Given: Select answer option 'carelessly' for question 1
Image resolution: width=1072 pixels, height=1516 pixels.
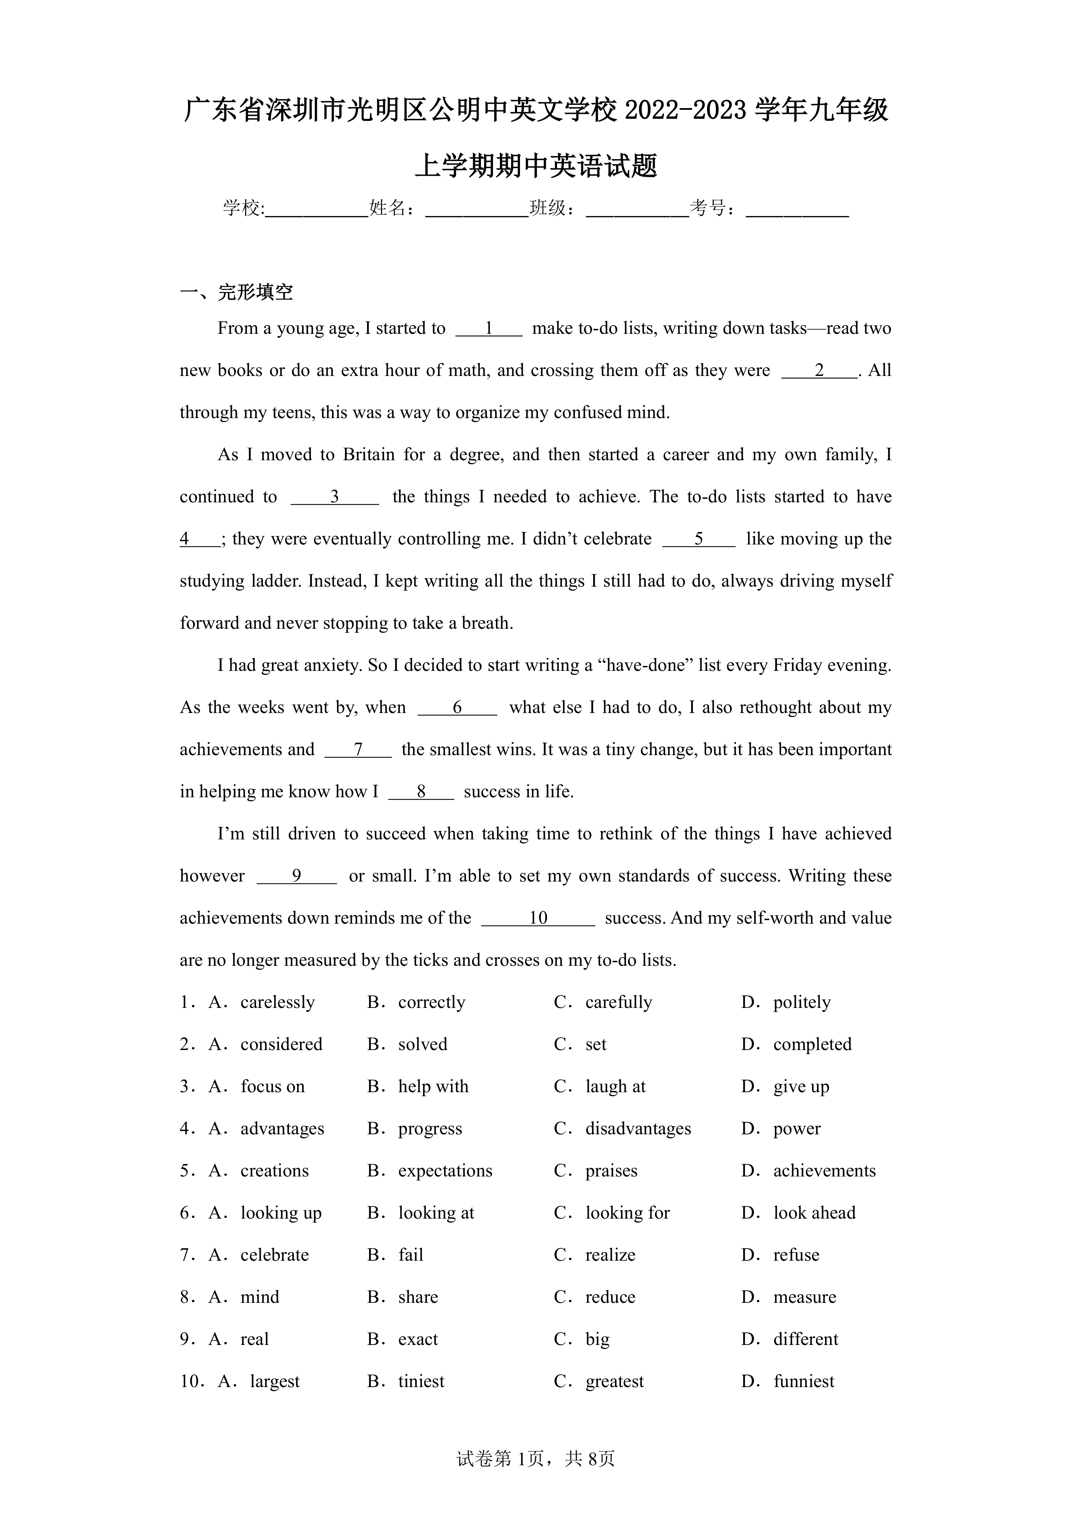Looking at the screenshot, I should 277,1002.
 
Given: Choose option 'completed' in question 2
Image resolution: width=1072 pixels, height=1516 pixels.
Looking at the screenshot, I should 812,1045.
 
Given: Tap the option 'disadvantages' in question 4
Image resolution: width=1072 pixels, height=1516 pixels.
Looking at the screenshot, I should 638,1129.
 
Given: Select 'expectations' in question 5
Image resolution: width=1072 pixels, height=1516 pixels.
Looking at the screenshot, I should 445,1171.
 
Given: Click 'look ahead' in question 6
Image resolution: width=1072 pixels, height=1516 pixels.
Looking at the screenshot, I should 814,1213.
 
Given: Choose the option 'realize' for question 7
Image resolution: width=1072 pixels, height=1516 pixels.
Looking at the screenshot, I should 610,1255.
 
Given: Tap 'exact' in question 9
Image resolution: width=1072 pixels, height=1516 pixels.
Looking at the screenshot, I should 418,1340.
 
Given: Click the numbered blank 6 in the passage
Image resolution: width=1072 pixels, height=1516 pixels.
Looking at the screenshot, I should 457,708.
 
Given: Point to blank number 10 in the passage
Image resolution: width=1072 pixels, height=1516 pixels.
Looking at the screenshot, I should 538,919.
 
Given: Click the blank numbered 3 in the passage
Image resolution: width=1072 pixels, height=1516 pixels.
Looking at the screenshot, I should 335,497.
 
